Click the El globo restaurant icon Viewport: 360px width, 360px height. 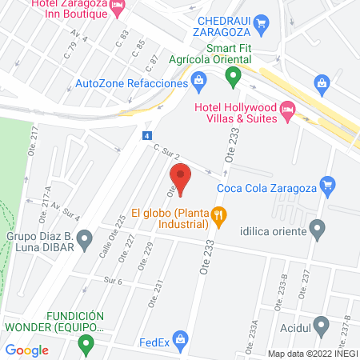click(222, 214)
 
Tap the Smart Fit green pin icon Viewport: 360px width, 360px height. click(233, 78)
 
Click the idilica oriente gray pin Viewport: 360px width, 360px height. click(318, 231)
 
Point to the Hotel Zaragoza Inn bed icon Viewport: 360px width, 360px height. click(118, 8)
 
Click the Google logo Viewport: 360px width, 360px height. click(26, 350)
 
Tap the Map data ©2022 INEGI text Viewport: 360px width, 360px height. click(312, 353)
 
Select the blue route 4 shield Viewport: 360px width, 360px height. click(147, 137)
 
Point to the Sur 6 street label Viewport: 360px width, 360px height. click(113, 281)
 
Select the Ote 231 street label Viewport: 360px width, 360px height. click(158, 287)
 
